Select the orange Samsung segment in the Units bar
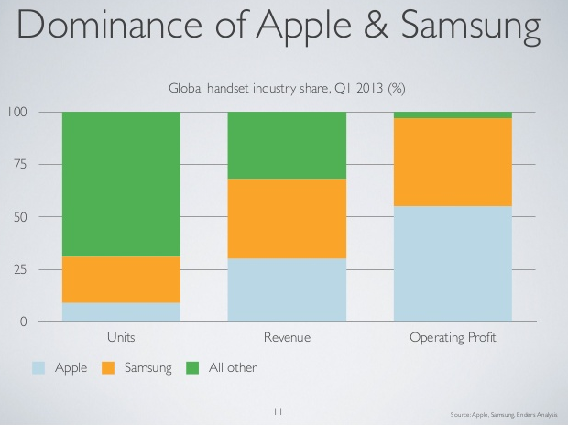pos(121,279)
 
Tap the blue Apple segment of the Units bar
pos(121,312)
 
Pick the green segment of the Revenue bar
pos(287,145)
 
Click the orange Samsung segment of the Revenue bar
pos(287,218)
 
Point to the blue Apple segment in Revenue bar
pos(287,289)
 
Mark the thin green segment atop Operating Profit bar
pos(453,114)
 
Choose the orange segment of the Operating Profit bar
pos(453,162)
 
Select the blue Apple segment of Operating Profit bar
pos(453,264)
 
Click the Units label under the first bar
pos(121,338)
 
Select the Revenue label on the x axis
pos(287,338)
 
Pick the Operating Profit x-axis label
pos(453,338)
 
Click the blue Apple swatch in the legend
pos(38,368)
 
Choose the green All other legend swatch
pos(191,368)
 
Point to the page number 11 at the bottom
pos(280,411)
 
